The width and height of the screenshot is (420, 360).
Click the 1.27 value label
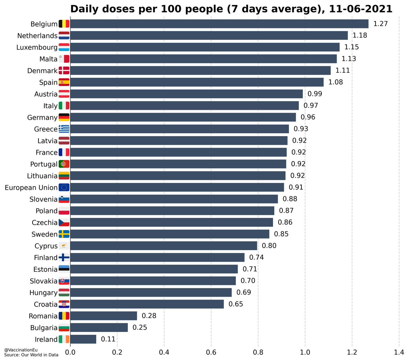click(x=380, y=24)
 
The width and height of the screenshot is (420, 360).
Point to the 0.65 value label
click(x=236, y=304)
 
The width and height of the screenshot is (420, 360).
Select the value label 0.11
click(x=108, y=339)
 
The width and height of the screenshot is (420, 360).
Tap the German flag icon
click(x=64, y=117)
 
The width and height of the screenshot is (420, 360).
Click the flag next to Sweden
click(x=64, y=234)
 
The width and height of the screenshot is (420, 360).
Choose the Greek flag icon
click(x=64, y=129)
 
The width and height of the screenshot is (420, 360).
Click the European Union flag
click(x=64, y=188)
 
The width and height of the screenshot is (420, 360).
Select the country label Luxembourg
click(x=37, y=47)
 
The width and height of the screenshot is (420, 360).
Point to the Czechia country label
click(x=44, y=223)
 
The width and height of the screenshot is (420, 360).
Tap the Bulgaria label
click(x=44, y=328)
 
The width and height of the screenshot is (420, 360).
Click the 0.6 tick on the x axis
click(x=211, y=352)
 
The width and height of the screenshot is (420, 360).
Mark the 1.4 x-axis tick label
click(x=399, y=352)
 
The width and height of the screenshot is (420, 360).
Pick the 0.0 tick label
click(x=70, y=352)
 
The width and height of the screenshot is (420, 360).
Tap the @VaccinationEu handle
click(x=21, y=350)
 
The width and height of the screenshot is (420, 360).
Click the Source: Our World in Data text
click(x=31, y=355)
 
